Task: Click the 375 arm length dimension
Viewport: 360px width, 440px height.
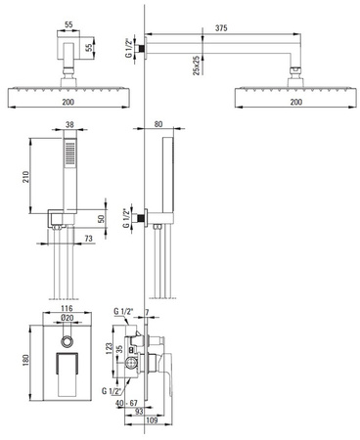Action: tap(221, 28)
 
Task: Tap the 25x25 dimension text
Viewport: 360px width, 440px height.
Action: tap(196, 66)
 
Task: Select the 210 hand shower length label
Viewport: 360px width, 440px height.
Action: tap(25, 177)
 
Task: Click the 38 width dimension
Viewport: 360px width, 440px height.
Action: tap(69, 124)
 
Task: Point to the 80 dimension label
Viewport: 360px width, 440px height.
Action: tap(158, 124)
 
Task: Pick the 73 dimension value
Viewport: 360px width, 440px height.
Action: tap(88, 239)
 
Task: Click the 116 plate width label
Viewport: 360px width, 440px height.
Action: tap(67, 308)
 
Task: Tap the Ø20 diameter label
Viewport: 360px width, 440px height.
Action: tap(67, 318)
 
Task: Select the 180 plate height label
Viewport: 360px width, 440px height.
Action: tap(25, 360)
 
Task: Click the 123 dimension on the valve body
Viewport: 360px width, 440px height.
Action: tap(109, 348)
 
